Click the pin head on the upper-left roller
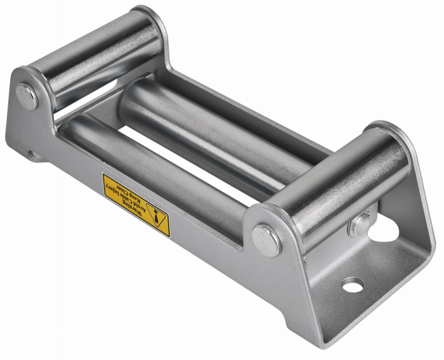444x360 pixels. coord(27,96)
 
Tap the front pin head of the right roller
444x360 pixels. coord(266,239)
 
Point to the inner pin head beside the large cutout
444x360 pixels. coord(360,224)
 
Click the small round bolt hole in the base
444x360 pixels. coord(353,285)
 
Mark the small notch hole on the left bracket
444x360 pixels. coord(30,153)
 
